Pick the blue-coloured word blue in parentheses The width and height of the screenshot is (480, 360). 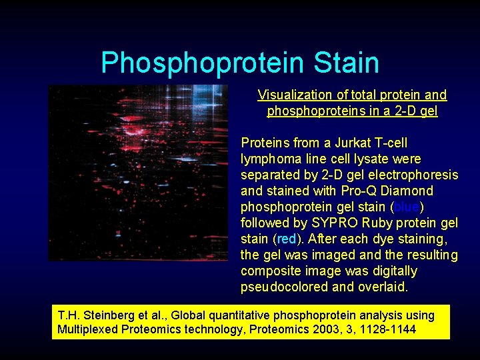pyautogui.click(x=406, y=207)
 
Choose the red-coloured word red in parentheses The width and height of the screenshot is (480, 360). pyautogui.click(x=286, y=239)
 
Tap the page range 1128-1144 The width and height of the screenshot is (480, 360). pyautogui.click(x=389, y=329)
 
